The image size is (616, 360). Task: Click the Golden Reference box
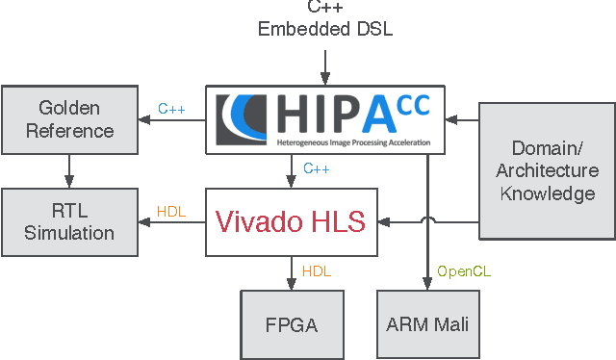[69, 118]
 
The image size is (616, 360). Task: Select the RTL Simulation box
[69, 221]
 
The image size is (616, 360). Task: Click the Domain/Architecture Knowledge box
[547, 170]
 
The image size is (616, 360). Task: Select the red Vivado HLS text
[290, 222]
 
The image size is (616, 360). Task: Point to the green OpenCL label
[464, 272]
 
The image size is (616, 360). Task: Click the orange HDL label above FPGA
[317, 272]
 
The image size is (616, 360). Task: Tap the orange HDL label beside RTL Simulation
[170, 212]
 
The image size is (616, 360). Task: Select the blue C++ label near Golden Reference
[170, 110]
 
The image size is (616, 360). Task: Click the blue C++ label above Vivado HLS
[317, 169]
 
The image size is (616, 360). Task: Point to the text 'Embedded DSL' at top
[324, 29]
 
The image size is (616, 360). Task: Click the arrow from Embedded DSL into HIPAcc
[325, 64]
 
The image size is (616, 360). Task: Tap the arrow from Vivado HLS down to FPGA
[292, 271]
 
